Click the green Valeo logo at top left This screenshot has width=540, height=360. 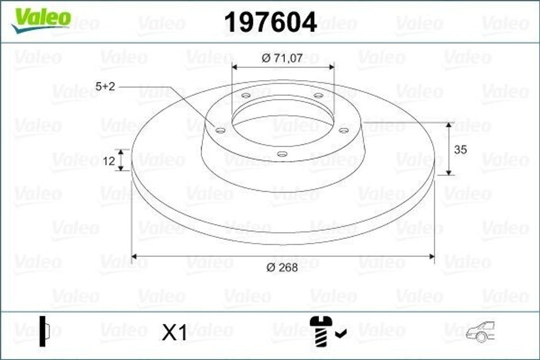[x=41, y=20]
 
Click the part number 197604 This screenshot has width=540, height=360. [x=270, y=22]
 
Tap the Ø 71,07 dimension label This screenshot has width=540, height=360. [x=282, y=58]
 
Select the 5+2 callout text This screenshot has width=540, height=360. [x=105, y=86]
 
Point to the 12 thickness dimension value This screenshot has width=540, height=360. [x=109, y=161]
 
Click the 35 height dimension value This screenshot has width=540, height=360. [x=460, y=150]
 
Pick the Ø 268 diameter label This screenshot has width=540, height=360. [x=282, y=267]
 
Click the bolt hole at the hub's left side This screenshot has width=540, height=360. [x=220, y=130]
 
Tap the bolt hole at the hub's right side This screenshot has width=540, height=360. [x=344, y=130]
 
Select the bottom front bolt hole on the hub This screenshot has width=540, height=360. [x=283, y=154]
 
